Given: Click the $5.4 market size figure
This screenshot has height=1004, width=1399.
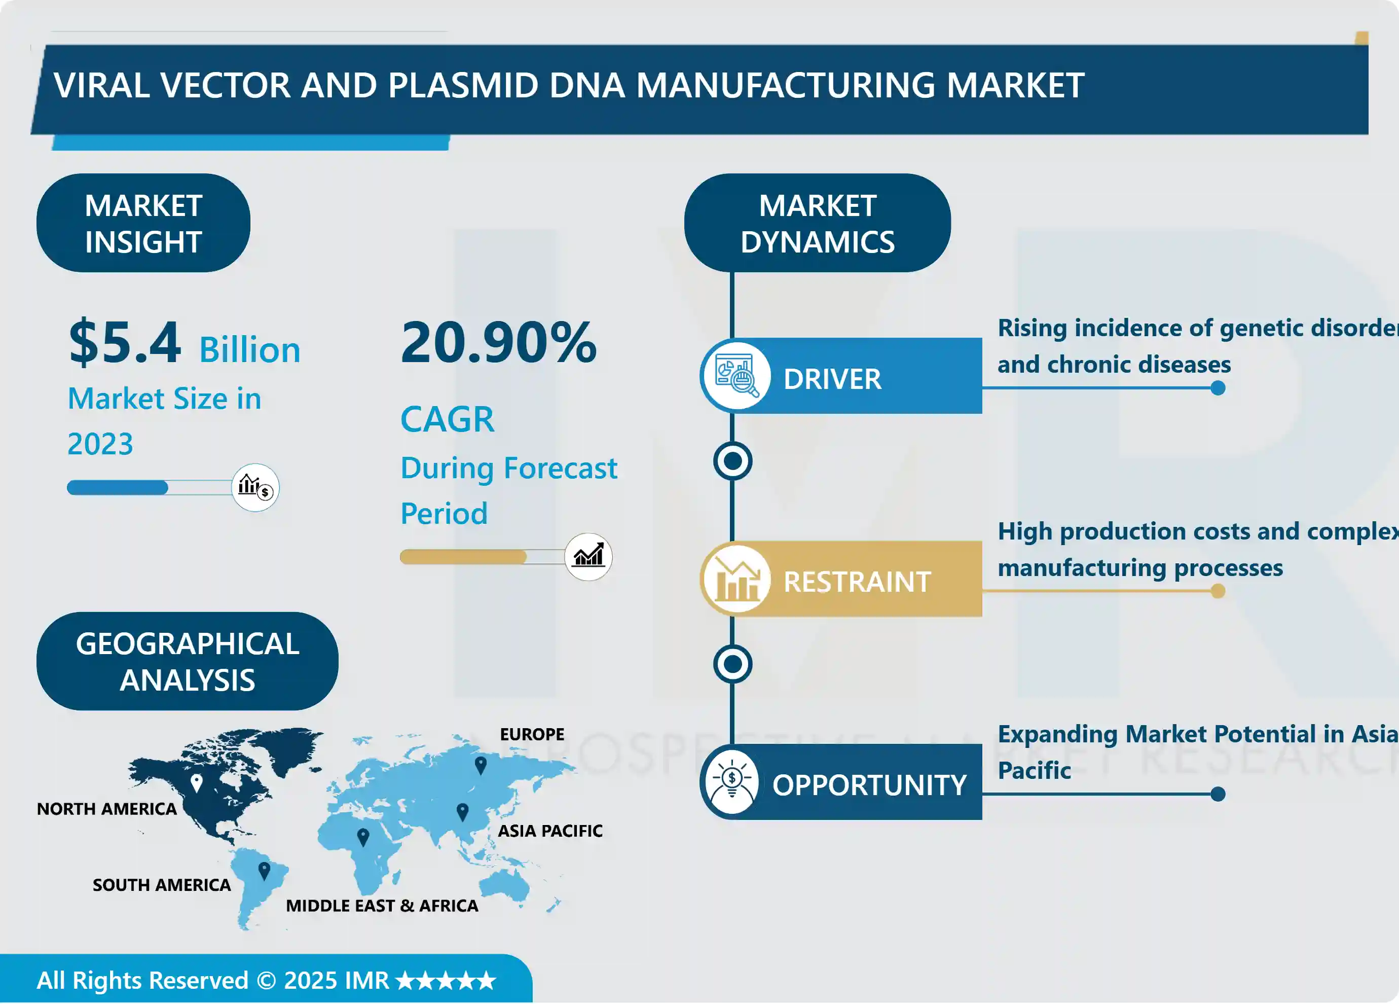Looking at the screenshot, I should [125, 343].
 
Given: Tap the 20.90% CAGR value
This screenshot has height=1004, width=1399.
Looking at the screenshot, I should [498, 343].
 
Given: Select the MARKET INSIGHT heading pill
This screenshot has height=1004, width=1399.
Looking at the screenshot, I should [143, 223].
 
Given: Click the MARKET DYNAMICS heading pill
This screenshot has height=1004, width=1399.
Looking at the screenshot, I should [817, 223].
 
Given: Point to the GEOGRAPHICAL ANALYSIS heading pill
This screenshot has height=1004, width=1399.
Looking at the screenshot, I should [187, 662].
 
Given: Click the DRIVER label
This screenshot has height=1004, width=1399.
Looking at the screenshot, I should [832, 379].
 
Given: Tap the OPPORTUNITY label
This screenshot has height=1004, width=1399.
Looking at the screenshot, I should [869, 785].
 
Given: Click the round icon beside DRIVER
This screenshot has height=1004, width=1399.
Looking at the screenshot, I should [735, 376].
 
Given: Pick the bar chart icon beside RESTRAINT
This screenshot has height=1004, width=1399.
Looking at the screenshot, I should [735, 580].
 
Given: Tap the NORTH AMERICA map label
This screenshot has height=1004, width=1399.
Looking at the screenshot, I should [107, 809].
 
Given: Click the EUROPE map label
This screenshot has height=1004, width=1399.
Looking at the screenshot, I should [532, 734].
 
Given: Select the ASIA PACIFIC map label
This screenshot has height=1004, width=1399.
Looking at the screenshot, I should [549, 831].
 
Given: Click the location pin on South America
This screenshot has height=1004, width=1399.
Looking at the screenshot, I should [264, 870].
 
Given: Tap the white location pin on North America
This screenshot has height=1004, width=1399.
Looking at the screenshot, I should [197, 782].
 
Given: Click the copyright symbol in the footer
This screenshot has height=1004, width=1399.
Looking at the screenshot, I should [267, 981].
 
